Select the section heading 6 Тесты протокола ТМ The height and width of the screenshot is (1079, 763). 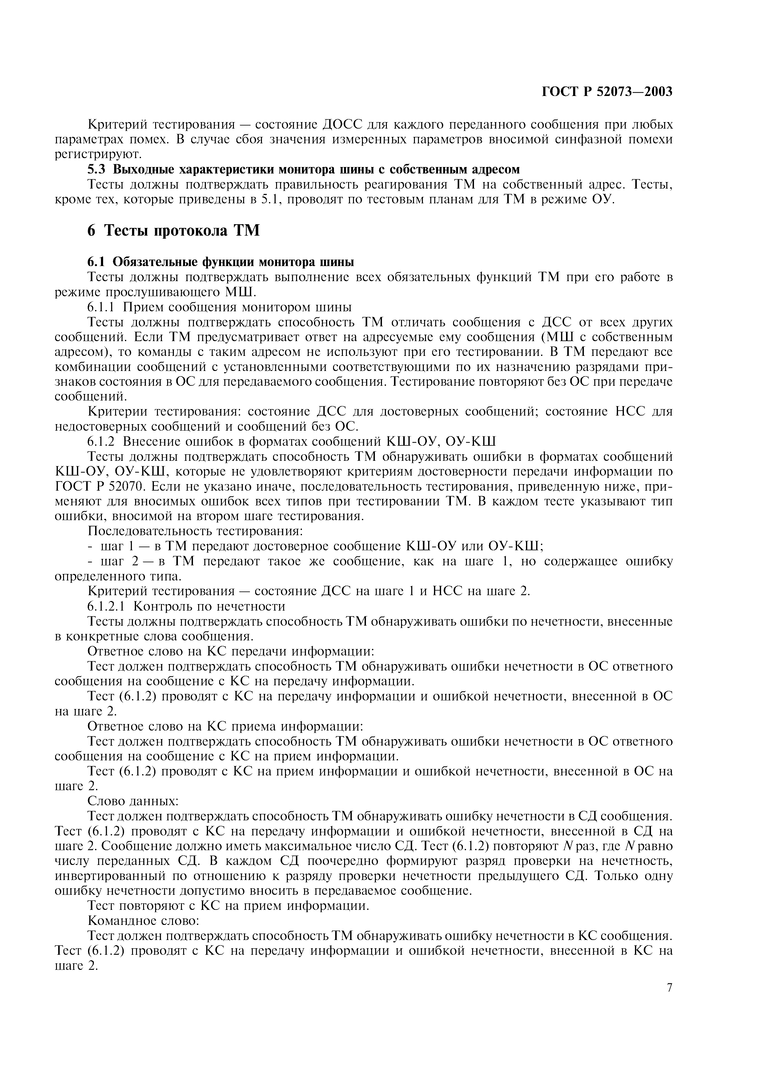coord(174,231)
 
